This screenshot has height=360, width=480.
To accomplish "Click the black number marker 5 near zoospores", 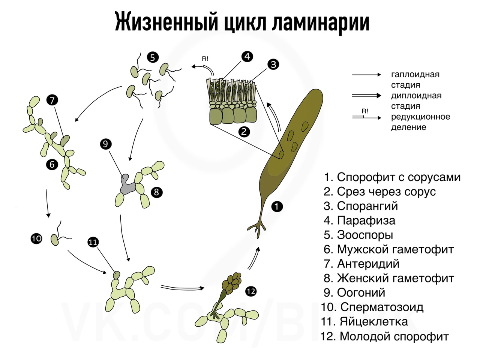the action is (x=153, y=57).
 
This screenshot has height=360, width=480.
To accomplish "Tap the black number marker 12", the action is (x=250, y=291).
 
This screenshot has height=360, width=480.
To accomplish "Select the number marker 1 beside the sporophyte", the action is (x=277, y=207).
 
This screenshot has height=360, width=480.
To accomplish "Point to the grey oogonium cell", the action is (x=127, y=184).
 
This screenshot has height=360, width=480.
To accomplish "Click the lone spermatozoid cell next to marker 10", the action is (x=55, y=240).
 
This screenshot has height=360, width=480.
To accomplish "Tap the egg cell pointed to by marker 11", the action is (x=117, y=275).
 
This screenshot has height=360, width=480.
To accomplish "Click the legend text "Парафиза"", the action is (x=366, y=220).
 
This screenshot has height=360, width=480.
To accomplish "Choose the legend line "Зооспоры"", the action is (x=365, y=235).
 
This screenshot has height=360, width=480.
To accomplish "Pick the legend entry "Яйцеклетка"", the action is (x=374, y=321).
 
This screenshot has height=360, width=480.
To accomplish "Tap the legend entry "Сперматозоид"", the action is (x=382, y=307).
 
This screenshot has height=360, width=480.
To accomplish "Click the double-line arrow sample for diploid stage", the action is (x=366, y=96).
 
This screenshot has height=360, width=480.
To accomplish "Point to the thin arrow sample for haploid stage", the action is (x=366, y=75).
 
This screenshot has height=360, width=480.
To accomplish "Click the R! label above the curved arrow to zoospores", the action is (x=205, y=59).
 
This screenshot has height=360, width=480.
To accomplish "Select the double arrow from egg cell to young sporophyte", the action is (x=182, y=288).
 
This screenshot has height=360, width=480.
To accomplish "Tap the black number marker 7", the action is (x=52, y=100).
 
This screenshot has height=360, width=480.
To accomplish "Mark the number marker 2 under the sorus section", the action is (x=244, y=132).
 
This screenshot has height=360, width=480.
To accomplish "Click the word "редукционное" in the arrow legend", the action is (x=420, y=117).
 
